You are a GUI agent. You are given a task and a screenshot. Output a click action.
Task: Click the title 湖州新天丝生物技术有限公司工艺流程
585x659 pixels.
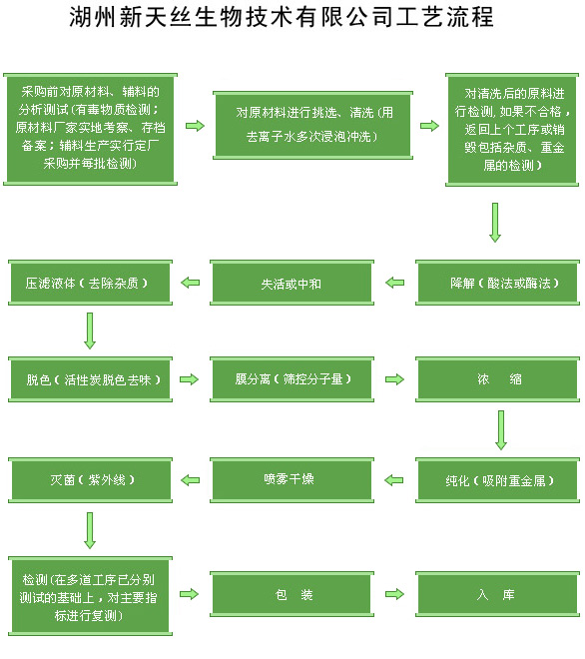coord(282,18)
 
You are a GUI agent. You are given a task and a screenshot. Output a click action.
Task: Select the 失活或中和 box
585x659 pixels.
coord(292,283)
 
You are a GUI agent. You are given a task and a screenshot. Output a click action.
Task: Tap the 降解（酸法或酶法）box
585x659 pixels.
coord(497,283)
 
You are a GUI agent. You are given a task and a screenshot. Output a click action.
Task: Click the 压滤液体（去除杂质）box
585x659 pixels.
coord(90,283)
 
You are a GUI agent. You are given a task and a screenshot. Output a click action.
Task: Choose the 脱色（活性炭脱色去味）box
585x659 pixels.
coord(90,379)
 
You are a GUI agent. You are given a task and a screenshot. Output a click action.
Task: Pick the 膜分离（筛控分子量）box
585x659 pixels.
coord(292,379)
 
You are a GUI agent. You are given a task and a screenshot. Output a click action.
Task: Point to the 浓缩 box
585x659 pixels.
coord(497,379)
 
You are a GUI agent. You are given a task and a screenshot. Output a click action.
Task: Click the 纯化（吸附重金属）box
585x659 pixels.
coord(497,480)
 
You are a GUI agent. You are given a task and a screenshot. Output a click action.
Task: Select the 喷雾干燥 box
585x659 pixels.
coord(292,480)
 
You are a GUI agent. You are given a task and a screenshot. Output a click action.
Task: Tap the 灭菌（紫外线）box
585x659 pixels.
coord(90,480)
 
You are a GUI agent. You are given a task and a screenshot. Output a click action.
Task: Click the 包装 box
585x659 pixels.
coord(292,594)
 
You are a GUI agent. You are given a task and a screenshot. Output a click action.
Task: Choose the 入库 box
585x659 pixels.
coord(497,594)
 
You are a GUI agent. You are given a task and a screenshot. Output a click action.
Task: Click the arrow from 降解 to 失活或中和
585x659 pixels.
coord(394,283)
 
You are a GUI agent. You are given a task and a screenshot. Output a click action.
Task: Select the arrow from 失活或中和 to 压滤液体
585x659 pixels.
coord(190,283)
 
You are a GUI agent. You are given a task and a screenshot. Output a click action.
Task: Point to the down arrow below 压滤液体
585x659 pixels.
coord(90,330)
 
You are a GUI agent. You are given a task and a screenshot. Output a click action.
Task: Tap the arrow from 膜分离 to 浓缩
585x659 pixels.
coord(394,379)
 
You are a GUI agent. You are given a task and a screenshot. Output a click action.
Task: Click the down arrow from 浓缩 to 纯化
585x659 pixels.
coord(500,430)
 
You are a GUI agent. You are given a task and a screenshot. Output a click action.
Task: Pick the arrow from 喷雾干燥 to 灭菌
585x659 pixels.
coord(190,480)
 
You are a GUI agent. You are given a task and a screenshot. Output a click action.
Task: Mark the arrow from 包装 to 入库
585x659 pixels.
coord(394,594)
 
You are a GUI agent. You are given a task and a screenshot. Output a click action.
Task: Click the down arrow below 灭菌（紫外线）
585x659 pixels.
coord(90,530)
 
